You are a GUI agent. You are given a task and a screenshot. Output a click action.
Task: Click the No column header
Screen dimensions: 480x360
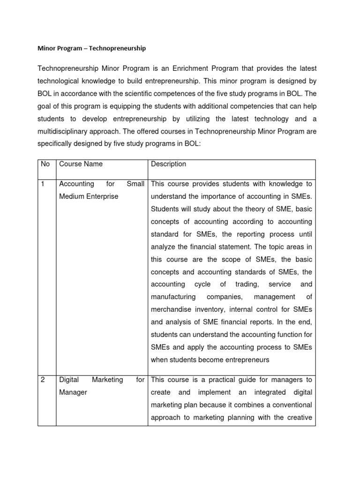(x=45, y=164)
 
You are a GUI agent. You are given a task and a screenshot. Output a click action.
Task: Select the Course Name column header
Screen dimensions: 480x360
(x=81, y=164)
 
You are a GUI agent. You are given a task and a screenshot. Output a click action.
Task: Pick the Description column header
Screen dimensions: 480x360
(x=168, y=164)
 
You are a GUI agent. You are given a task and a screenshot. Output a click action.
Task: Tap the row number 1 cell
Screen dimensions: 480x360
(x=43, y=184)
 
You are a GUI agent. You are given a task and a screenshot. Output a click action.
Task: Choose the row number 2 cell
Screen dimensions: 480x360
(x=43, y=379)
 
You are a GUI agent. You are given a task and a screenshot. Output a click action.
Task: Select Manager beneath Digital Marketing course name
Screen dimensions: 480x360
(x=73, y=392)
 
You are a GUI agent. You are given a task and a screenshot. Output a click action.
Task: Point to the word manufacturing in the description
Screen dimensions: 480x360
(x=173, y=297)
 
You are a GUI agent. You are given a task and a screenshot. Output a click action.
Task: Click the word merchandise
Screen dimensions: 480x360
(x=171, y=309)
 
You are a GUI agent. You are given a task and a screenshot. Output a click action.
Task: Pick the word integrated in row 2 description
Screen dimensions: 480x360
(x=268, y=392)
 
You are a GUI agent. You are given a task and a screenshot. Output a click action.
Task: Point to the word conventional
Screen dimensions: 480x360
(x=290, y=405)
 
